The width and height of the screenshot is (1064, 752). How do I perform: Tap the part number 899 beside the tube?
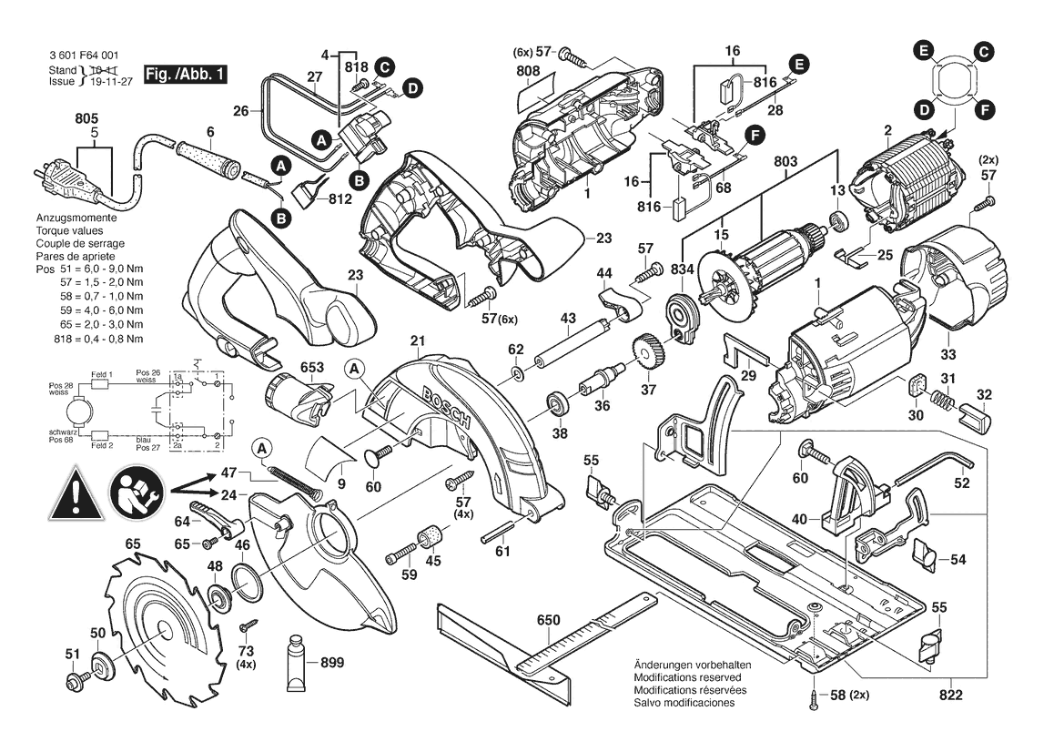click(332, 664)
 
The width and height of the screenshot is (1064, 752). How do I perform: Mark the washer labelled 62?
click(517, 375)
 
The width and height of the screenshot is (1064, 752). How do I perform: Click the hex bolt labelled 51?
click(70, 681)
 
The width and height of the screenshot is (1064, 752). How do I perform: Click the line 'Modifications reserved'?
click(687, 678)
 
